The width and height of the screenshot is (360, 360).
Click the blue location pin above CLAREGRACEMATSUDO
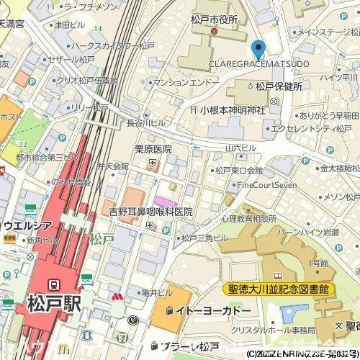(258, 50)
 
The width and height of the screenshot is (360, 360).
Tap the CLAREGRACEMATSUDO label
(258, 64)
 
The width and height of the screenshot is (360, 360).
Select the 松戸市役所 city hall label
(214, 19)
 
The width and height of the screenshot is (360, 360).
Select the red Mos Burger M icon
(116, 296)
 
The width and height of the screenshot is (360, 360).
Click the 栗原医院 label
(153, 149)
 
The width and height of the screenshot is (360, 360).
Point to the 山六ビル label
(240, 147)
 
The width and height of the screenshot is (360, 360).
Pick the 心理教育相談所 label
(248, 217)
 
